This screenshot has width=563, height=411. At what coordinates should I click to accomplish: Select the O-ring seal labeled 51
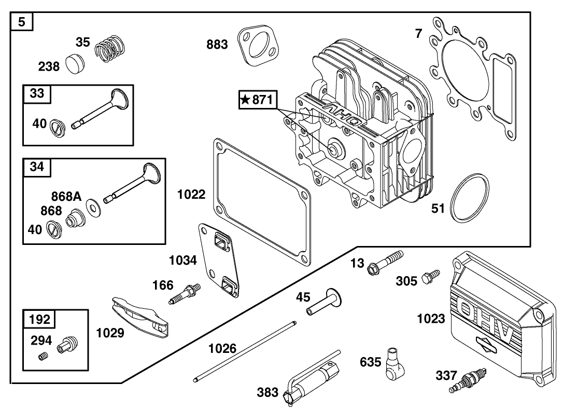pos(470,198)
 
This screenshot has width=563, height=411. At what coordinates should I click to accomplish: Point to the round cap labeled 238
pos(76,65)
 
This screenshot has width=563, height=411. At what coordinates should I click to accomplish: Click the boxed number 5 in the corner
pos(22,22)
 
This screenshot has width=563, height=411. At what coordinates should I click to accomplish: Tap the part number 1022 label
pos(191,195)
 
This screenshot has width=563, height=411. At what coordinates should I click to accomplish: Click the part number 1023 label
pos(431,319)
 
